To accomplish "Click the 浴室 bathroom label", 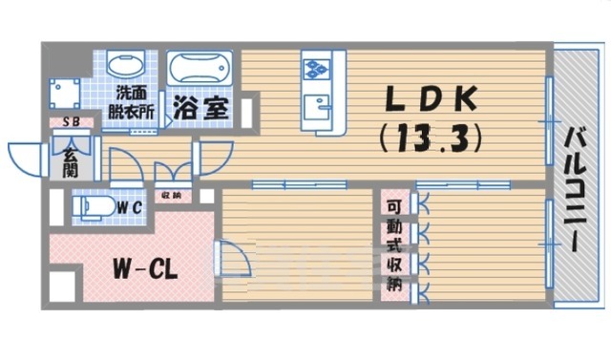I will coord(200,108).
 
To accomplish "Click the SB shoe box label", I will coord(71,123).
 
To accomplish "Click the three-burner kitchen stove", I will coord(316,68).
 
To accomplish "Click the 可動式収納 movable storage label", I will coord(392,245).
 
